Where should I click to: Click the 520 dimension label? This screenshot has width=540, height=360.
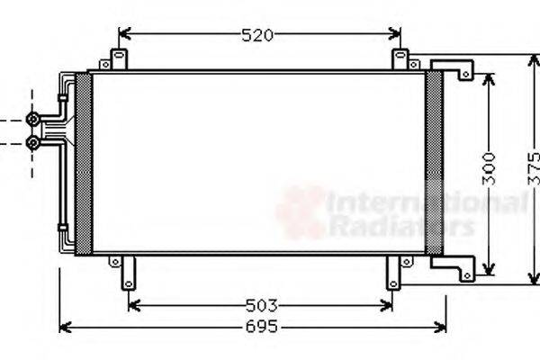(257, 35)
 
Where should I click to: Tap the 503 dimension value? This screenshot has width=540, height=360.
(260, 305)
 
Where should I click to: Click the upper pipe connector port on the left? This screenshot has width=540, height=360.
(33, 119)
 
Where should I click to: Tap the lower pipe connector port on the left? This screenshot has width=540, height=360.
(33, 142)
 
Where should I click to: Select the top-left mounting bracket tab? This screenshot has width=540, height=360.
(117, 59)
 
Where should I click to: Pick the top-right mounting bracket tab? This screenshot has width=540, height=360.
(400, 59)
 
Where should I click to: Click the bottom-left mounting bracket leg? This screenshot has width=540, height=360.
(128, 272)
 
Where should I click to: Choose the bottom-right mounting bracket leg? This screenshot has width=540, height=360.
(392, 272)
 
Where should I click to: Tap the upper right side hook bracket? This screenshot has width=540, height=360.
(454, 69)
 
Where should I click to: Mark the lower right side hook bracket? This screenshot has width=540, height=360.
(454, 267)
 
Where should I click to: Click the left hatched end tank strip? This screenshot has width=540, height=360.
(84, 163)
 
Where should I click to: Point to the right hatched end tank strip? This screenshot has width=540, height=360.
(434, 163)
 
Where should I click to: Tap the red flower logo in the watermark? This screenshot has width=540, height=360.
(301, 212)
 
